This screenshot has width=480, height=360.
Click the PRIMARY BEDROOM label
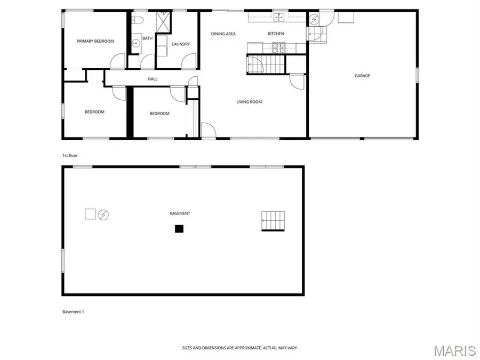(95, 41)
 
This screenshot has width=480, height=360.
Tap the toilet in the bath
(137, 20)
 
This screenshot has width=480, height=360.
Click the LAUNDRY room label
(181, 44)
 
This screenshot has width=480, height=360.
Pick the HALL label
(153, 79)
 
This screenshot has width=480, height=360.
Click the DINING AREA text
(223, 34)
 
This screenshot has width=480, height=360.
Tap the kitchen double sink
(278, 17)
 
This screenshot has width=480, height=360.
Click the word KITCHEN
(276, 34)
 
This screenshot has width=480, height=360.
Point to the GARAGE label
(362, 76)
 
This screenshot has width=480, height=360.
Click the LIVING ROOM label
(249, 102)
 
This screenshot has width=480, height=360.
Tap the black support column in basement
(179, 229)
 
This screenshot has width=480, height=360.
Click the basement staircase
(273, 221)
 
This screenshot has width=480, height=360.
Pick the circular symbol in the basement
(103, 214)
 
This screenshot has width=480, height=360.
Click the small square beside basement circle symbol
(90, 214)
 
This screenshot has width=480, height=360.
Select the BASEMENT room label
(180, 213)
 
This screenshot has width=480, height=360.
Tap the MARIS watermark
(454, 350)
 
